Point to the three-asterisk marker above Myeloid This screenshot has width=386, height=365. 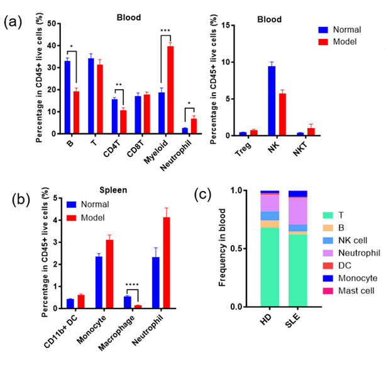pos(165,31)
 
